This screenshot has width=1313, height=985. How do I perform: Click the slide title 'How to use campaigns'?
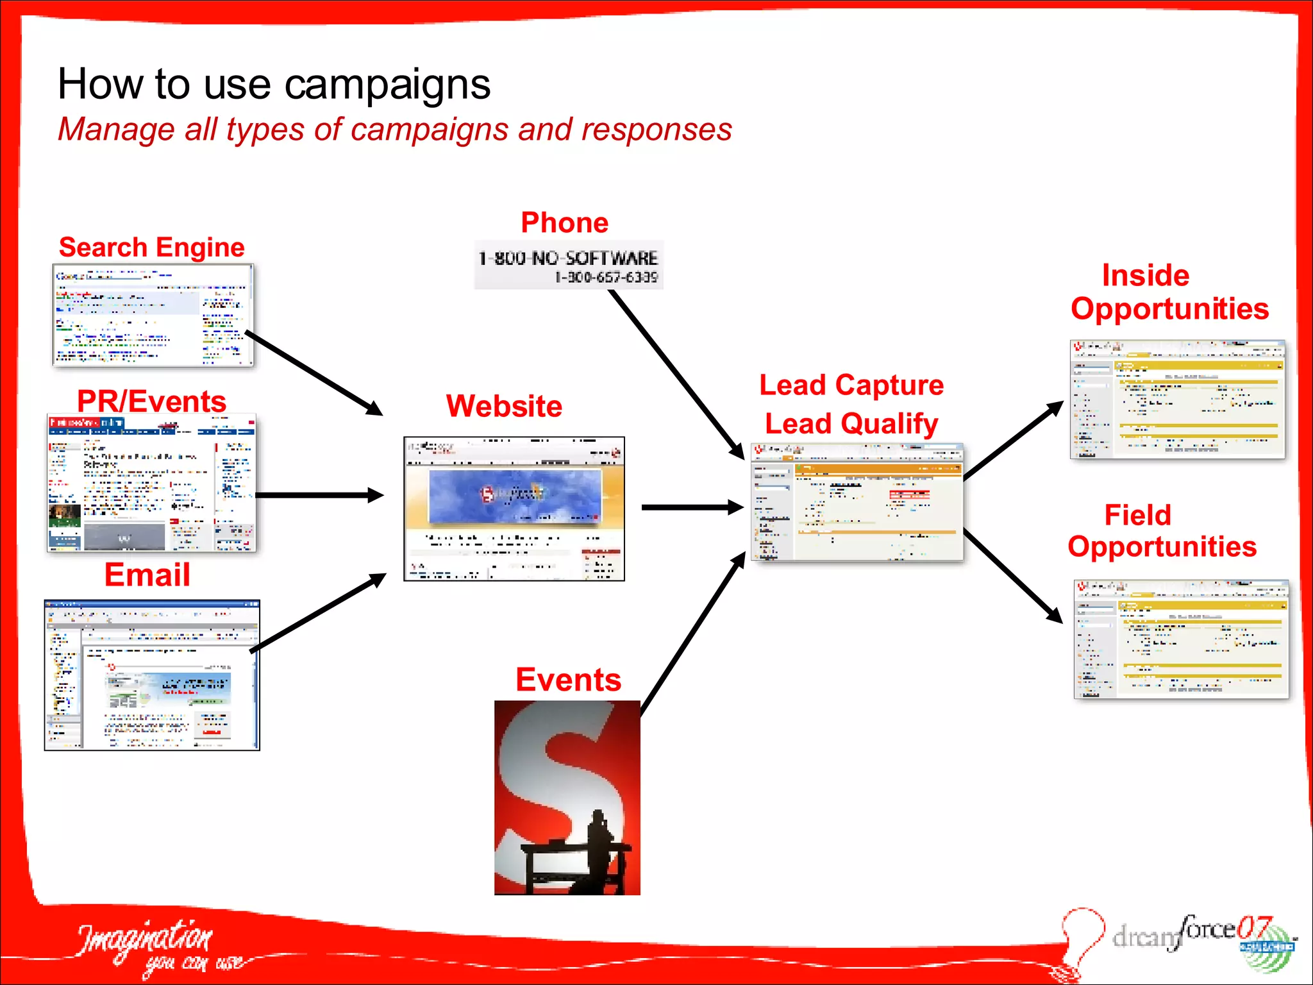pyautogui.click(x=274, y=84)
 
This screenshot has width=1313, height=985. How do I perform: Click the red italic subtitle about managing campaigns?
pyautogui.click(x=394, y=130)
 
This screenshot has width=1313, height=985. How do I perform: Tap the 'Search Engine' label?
pyautogui.click(x=151, y=248)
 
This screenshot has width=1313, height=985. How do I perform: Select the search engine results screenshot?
pyautogui.click(x=153, y=316)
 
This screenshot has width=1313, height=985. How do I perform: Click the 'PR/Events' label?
pyautogui.click(x=151, y=401)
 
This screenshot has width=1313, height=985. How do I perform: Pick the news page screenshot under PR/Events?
pyautogui.click(x=151, y=484)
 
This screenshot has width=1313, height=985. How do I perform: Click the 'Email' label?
pyautogui.click(x=147, y=575)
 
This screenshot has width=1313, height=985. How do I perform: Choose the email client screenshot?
pyautogui.click(x=152, y=675)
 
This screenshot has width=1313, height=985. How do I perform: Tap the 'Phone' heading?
pyautogui.click(x=564, y=223)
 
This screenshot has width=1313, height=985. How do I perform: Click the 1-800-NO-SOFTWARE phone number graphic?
pyautogui.click(x=569, y=265)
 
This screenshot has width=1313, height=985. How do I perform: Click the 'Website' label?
pyautogui.click(x=504, y=407)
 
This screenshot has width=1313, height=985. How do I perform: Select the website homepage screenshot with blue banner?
pyautogui.click(x=514, y=509)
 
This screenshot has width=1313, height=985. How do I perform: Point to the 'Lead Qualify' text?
pyautogui.click(x=851, y=424)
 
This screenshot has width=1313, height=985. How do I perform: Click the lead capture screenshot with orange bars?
pyautogui.click(x=857, y=502)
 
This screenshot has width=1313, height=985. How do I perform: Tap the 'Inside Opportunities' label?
pyautogui.click(x=1169, y=292)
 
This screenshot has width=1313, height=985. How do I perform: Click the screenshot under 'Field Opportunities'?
pyautogui.click(x=1181, y=639)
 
